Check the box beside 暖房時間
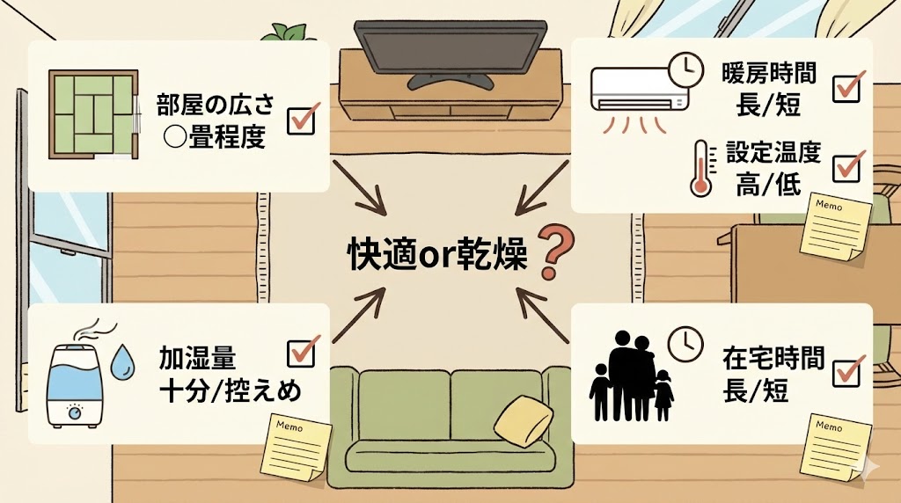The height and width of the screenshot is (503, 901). [846, 87]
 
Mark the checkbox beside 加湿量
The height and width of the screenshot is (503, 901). [301, 353]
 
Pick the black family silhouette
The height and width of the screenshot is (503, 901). [629, 376]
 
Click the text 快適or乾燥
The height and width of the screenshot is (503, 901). [436, 255]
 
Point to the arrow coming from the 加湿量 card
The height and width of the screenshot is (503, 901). [361, 314]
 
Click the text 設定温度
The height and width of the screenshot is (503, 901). [774, 152]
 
